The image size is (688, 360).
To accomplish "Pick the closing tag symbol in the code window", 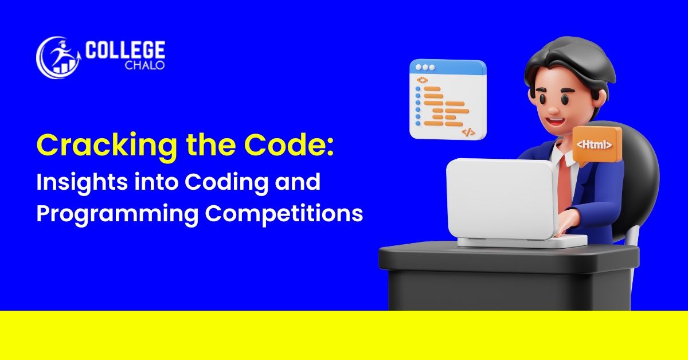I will pos(468,132).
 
